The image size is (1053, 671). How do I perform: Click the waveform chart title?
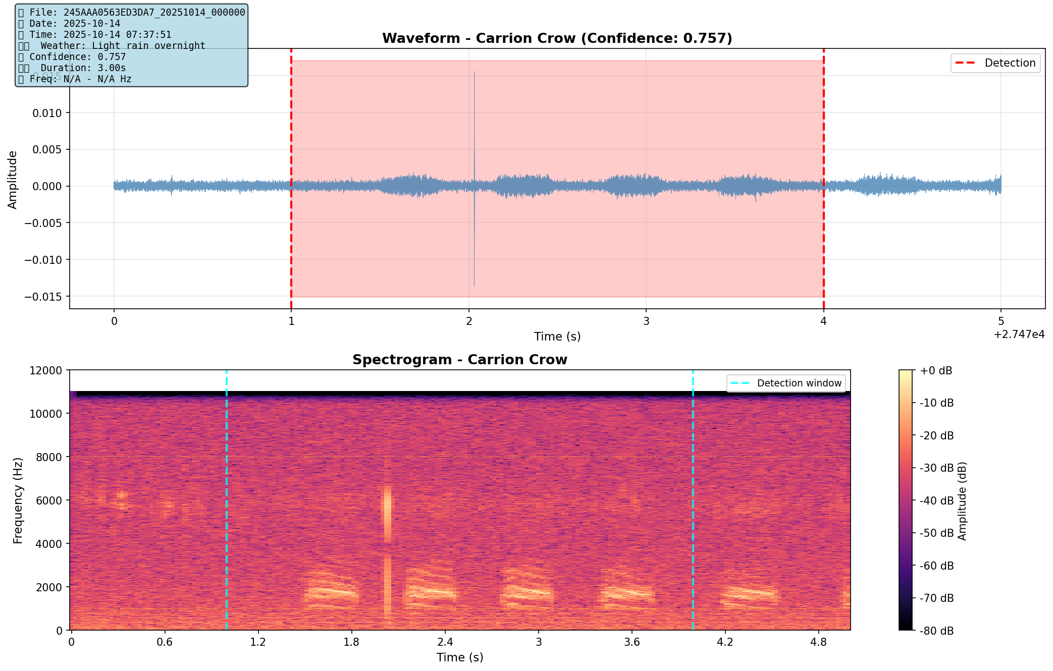557,38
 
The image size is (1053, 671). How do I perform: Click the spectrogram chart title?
459,360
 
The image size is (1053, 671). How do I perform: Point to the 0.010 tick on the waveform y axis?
47,113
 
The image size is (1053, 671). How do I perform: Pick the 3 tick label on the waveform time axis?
646,321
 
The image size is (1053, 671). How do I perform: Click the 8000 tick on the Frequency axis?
48,457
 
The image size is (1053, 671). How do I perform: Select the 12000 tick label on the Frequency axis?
45,371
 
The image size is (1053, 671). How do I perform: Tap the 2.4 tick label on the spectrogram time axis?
445,642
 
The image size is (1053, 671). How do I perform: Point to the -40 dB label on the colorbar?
936,500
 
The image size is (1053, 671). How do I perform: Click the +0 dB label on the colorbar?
936,371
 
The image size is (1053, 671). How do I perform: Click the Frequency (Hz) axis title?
18,500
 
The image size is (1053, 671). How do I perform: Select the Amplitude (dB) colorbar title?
962,500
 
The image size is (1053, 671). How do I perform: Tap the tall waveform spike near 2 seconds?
474,126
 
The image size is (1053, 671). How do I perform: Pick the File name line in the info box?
131,13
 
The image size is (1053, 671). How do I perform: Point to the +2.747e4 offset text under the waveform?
1019,334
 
